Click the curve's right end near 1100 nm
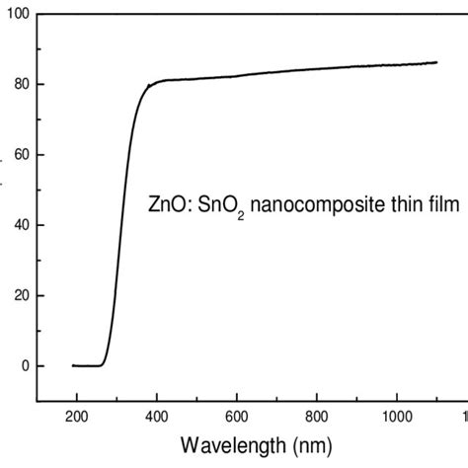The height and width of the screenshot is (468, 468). click(x=436, y=62)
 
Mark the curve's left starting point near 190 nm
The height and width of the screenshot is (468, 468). click(x=73, y=365)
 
